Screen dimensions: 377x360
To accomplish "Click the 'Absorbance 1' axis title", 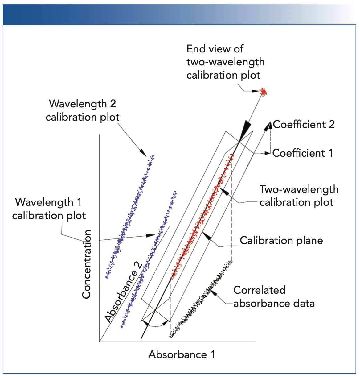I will click(x=182, y=354).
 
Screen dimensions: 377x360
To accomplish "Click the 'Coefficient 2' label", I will click(x=304, y=124).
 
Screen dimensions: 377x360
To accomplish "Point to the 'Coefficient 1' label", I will click(x=303, y=153).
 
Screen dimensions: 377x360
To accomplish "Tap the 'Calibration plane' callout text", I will click(x=281, y=240).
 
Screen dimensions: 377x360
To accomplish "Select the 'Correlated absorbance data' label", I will click(x=274, y=296).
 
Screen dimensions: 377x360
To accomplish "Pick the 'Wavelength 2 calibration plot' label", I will click(x=82, y=110).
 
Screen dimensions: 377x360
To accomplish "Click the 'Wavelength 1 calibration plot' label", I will click(x=49, y=209).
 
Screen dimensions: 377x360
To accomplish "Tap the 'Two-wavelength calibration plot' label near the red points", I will click(x=299, y=196).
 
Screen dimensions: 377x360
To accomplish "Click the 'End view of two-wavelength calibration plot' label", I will click(x=225, y=62).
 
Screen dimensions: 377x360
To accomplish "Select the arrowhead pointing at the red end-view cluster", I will click(x=258, y=91).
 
